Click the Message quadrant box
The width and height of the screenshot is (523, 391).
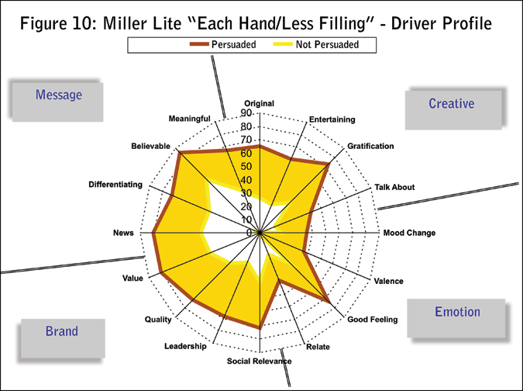(58, 95)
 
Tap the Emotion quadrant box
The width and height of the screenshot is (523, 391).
(457, 313)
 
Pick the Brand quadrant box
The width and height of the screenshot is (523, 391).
(61, 331)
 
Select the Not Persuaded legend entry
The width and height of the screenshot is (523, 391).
(317, 45)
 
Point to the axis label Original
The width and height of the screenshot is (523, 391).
(260, 104)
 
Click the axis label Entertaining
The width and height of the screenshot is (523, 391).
(332, 119)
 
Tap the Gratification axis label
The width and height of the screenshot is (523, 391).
(370, 146)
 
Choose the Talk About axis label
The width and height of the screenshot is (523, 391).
(394, 187)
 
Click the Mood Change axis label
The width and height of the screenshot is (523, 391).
(409, 233)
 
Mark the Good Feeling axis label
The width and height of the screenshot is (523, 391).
(372, 320)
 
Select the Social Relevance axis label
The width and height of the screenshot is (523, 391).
(260, 362)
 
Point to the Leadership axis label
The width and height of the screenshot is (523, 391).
(185, 346)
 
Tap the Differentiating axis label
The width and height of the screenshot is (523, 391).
(115, 185)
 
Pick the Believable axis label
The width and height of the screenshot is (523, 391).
(150, 146)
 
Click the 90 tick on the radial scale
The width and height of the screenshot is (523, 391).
(246, 113)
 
